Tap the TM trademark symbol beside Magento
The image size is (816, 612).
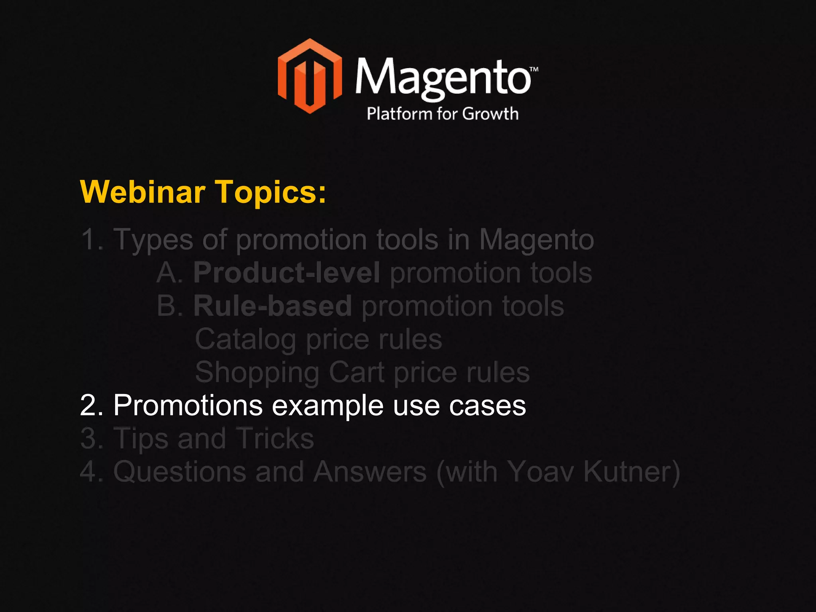pyautogui.click(x=534, y=69)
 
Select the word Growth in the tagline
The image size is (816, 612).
pyautogui.click(x=490, y=114)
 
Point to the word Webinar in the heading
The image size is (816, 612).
pyautogui.click(x=143, y=192)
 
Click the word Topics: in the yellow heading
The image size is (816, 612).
pyautogui.click(x=271, y=192)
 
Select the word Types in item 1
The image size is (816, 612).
pyautogui.click(x=153, y=240)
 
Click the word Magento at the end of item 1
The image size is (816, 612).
pyautogui.click(x=536, y=240)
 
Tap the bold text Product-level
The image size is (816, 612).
pyautogui.click(x=286, y=273)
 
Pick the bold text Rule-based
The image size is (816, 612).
pyautogui.click(x=273, y=306)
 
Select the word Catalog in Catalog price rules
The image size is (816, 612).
pyautogui.click(x=245, y=339)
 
